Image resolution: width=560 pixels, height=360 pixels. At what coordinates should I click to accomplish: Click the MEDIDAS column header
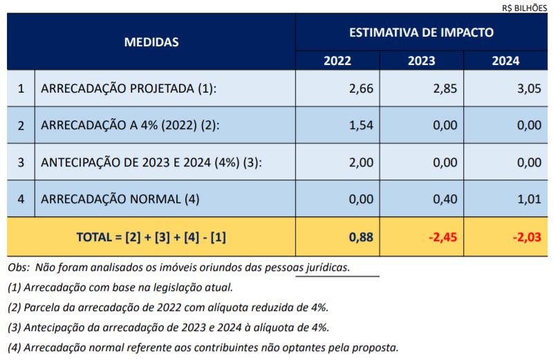151,42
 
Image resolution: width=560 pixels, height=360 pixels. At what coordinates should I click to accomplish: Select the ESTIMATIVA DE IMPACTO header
421,32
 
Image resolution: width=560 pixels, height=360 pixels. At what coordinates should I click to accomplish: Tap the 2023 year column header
421,61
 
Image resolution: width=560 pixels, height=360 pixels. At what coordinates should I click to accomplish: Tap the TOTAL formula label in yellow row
151,237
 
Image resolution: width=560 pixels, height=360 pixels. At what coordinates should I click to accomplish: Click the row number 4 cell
21,199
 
